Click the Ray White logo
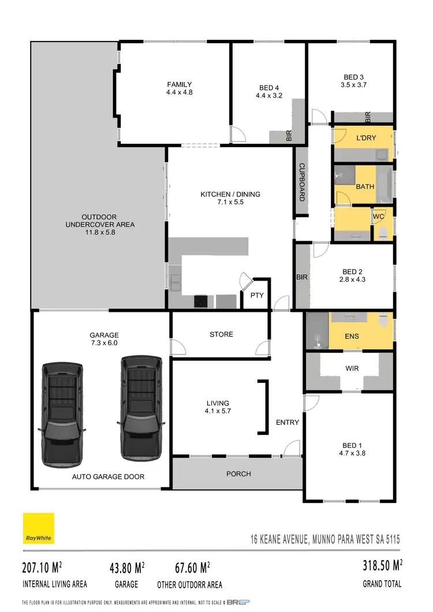pos(39,528)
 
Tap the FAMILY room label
pos(180,84)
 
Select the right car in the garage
pos(140,408)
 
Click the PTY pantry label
pos(257,296)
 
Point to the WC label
pos(379,217)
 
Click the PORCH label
pos(238,474)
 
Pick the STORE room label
pos(221,334)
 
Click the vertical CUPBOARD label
pos(301,182)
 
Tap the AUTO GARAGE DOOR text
pos(108,477)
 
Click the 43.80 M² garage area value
pos(127,568)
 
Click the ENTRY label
pos(287,423)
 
